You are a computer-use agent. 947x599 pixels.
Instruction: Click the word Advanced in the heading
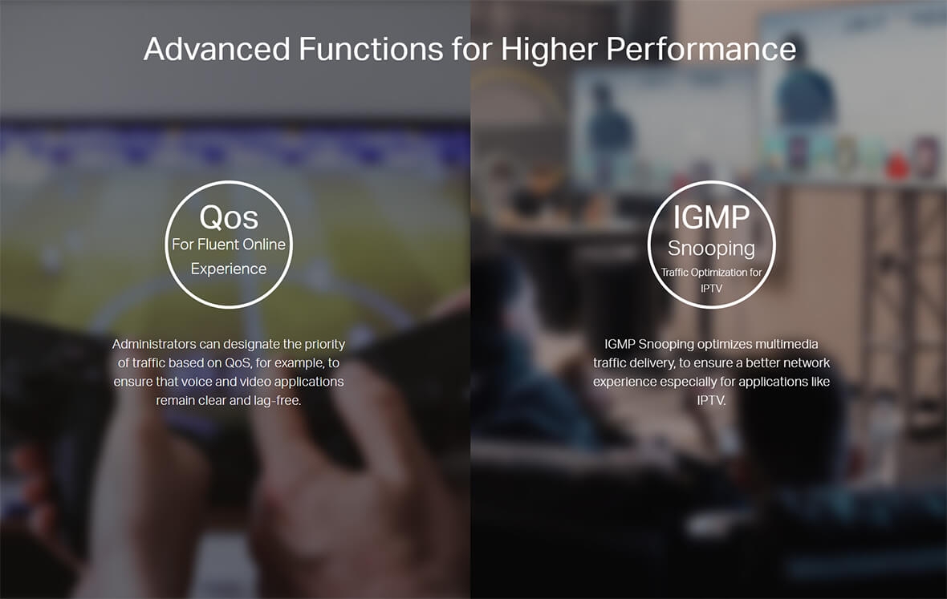(217, 49)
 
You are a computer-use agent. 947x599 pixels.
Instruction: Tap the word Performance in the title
(701, 49)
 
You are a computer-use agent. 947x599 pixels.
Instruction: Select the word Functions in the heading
(371, 49)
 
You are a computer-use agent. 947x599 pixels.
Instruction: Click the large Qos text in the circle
(229, 217)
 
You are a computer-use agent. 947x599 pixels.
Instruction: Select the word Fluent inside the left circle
(218, 245)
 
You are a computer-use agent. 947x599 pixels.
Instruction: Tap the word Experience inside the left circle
(228, 269)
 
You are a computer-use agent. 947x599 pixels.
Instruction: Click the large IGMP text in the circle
(712, 217)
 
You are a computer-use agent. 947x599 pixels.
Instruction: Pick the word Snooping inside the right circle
(712, 249)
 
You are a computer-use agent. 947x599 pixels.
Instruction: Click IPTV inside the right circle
(712, 289)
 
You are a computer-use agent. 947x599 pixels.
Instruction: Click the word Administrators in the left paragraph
(154, 344)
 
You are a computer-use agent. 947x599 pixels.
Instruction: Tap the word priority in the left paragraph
(324, 345)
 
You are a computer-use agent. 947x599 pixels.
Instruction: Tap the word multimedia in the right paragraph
(786, 345)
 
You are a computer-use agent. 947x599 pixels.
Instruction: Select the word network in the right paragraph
(807, 363)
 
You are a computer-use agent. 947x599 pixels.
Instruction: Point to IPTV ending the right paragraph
(712, 401)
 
